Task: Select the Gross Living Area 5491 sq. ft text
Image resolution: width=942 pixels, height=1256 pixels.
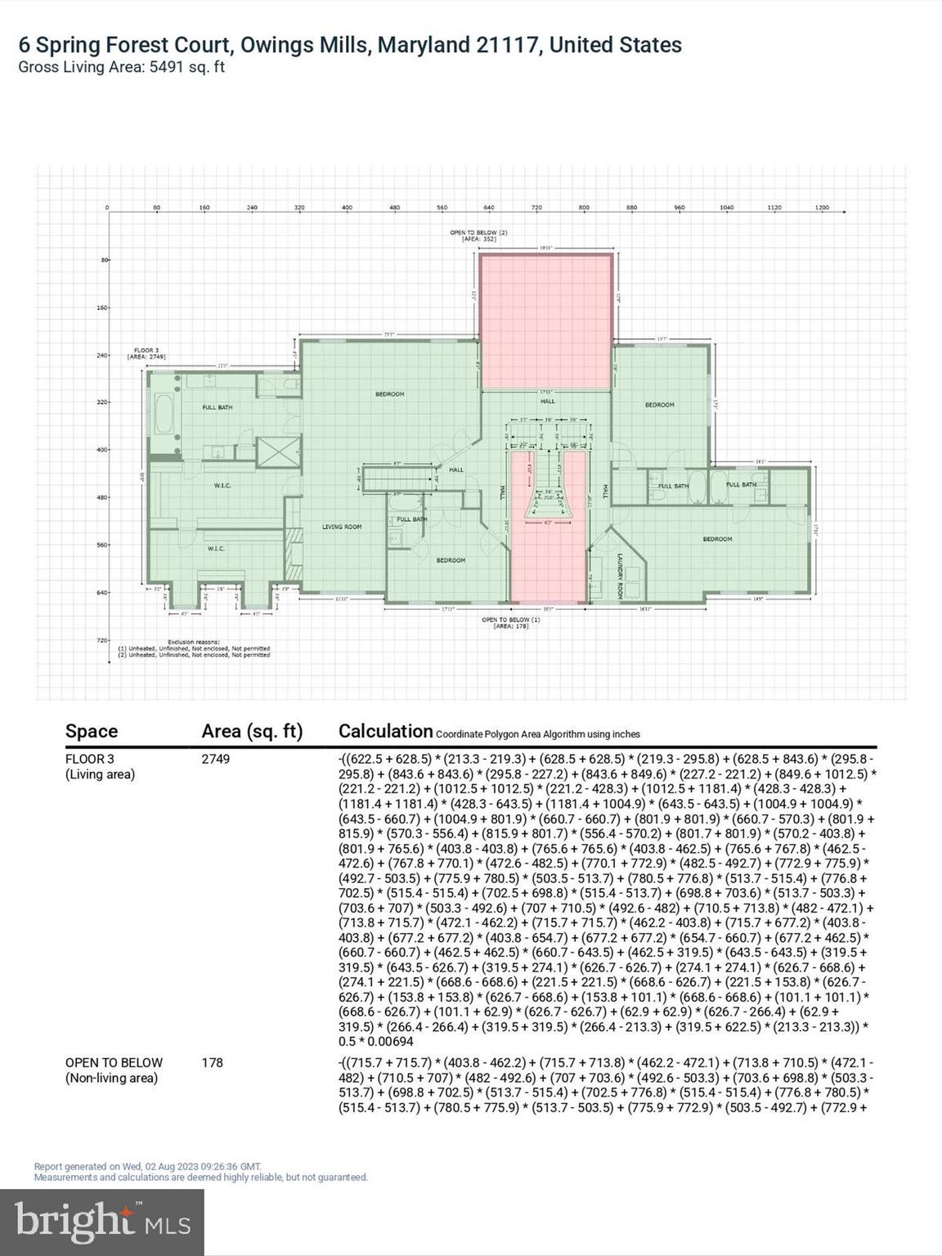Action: click(x=121, y=67)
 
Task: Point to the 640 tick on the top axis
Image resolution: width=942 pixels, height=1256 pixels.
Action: click(x=489, y=208)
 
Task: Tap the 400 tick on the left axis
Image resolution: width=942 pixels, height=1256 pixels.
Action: click(x=103, y=450)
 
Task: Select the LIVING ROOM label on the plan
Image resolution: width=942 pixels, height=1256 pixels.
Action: click(x=342, y=527)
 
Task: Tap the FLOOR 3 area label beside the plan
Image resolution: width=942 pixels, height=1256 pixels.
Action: click(x=146, y=353)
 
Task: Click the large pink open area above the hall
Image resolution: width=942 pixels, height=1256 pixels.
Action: click(x=545, y=322)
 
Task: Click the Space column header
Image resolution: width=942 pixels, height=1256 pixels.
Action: click(x=92, y=731)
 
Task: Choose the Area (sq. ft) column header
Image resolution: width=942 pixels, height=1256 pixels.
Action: click(x=252, y=731)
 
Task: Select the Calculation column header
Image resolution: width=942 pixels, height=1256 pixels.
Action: click(x=385, y=731)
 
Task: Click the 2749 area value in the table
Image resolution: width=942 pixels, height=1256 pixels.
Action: click(x=216, y=759)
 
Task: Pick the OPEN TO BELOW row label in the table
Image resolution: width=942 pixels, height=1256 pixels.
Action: click(x=114, y=1063)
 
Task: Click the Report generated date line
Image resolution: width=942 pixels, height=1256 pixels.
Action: click(x=147, y=1166)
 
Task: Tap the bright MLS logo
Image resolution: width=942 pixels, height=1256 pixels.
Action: click(x=101, y=1222)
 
